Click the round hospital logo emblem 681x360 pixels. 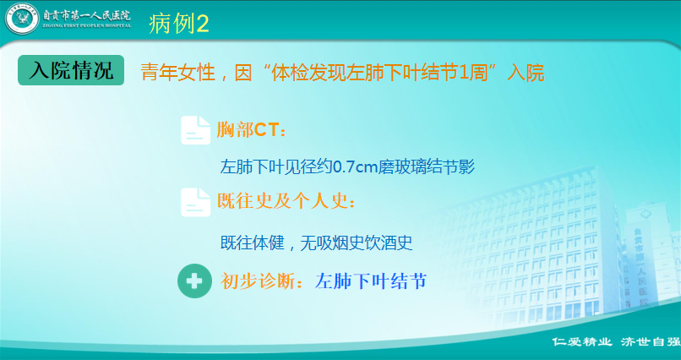point(21,19)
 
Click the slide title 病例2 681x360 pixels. point(178,24)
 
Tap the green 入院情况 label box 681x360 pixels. point(71,70)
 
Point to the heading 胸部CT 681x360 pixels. point(251,130)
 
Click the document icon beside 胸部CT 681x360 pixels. point(195,130)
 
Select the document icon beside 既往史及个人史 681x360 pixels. point(195,202)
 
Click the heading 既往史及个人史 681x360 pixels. point(286,201)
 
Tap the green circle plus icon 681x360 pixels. point(194,281)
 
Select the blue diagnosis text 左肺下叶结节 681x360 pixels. point(371,281)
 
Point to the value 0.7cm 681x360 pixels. point(354,167)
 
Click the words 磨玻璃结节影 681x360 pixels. point(426,167)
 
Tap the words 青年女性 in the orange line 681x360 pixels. point(177,74)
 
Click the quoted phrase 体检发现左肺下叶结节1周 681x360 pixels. point(377,74)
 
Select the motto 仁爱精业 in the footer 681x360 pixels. point(582,341)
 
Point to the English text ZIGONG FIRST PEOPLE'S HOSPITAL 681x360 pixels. point(86,26)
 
